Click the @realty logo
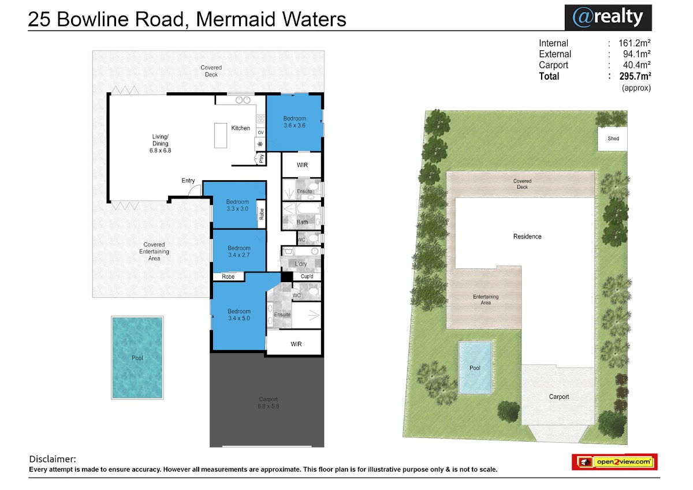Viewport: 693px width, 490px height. (x=608, y=17)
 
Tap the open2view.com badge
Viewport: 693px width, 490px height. (x=614, y=462)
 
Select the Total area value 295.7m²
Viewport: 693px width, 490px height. (x=635, y=76)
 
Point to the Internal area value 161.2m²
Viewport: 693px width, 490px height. (x=634, y=43)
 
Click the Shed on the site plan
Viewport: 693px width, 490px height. (x=613, y=139)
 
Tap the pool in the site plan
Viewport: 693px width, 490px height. (x=475, y=368)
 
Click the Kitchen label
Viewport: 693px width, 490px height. (x=240, y=128)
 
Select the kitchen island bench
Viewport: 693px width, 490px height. (x=221, y=136)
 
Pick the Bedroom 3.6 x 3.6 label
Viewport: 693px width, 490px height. (x=295, y=122)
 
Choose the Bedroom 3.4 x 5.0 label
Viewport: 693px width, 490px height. (x=239, y=315)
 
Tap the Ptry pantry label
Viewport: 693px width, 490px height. (x=262, y=159)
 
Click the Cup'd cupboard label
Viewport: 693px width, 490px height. (x=307, y=276)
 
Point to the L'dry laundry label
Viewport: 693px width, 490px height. (x=301, y=264)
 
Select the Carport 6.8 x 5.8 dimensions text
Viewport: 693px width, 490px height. (x=268, y=406)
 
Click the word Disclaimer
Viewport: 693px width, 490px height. (x=53, y=459)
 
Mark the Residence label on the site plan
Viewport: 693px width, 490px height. (x=527, y=237)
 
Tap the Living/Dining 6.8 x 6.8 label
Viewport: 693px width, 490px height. (x=161, y=144)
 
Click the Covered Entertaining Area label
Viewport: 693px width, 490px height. (x=154, y=251)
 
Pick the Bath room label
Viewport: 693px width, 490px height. (x=302, y=222)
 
